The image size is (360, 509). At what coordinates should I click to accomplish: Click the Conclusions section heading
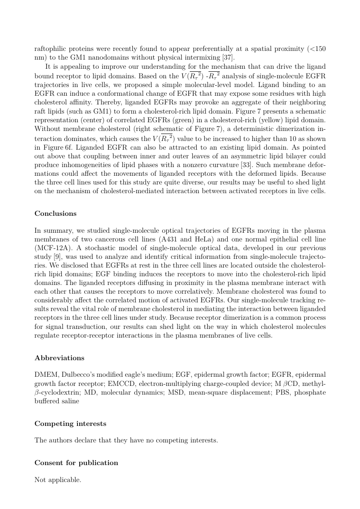click(55, 214)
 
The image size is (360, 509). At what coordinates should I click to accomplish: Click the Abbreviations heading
click(59, 358)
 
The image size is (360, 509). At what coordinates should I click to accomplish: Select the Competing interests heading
click(70, 423)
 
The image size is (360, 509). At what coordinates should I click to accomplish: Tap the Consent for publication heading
click(76, 462)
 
